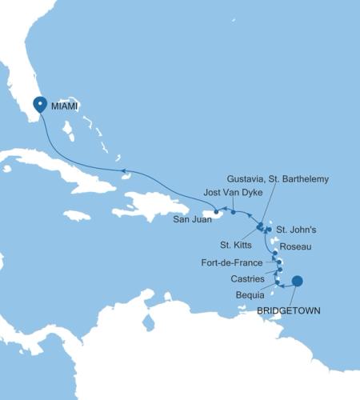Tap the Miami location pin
coord(41,105)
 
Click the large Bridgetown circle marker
coord(297,281)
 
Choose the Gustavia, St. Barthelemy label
coord(278,179)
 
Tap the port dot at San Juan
coord(216,212)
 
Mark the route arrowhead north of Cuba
coord(122,170)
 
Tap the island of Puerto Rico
coord(219,214)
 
